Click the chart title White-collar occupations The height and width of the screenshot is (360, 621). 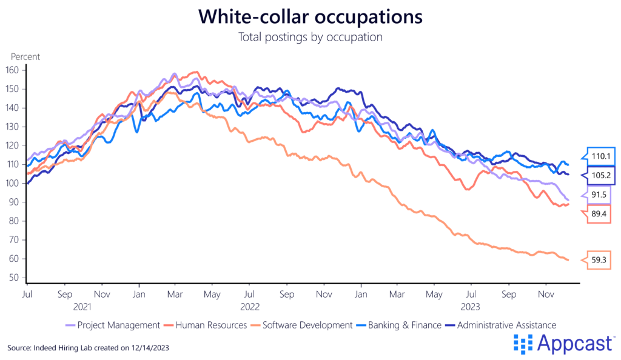coord(310,16)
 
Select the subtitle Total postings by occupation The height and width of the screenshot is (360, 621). coord(310,37)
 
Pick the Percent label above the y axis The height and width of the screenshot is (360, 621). coord(25,57)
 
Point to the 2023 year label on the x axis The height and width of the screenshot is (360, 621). coord(472,307)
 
